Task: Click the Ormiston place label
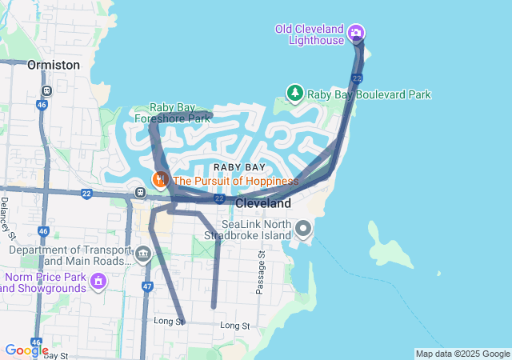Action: coord(54,64)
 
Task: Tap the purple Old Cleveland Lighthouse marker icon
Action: coord(356,34)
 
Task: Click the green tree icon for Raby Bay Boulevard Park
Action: coord(295,94)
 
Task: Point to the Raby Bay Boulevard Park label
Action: coord(369,94)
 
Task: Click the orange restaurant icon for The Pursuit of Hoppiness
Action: coord(161,180)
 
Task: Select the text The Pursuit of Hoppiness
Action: coord(235,181)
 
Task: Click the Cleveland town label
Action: coord(263,203)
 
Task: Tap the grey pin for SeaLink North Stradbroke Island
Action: coord(303,230)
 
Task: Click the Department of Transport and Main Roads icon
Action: coord(143,256)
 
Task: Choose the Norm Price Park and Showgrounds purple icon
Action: coord(98,281)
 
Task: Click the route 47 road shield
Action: coord(147,286)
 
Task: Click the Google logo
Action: coord(26,350)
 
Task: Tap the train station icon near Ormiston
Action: coord(47,90)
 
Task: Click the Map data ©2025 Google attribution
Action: coord(462,354)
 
